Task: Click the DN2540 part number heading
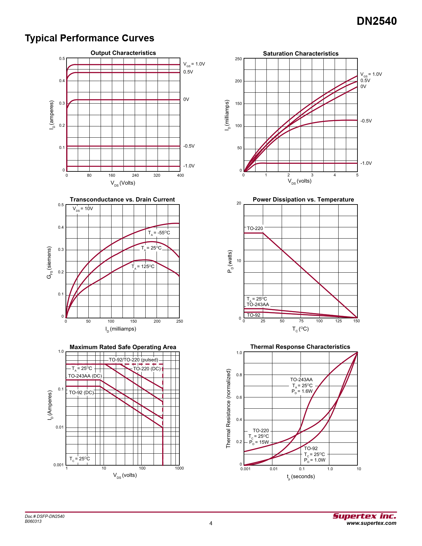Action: (x=377, y=21)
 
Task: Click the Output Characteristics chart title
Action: (x=123, y=53)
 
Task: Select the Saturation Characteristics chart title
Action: (x=301, y=54)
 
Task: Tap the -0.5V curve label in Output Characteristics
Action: (x=189, y=146)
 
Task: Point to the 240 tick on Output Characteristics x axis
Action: (x=135, y=175)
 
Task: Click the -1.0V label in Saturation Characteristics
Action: (x=366, y=163)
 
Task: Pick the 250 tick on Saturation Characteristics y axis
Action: (x=238, y=59)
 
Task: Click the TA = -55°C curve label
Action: (x=159, y=233)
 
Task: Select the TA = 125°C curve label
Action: (x=143, y=267)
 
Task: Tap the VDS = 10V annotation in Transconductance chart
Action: (x=83, y=209)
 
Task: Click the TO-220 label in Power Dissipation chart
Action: (x=255, y=228)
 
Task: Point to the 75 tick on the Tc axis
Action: (x=301, y=321)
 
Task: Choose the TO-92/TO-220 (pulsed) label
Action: (x=133, y=360)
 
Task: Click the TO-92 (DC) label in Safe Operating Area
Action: (x=81, y=392)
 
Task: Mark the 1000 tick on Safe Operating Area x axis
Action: (x=179, y=468)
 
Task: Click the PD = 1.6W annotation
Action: (x=302, y=391)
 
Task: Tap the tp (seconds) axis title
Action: (x=301, y=477)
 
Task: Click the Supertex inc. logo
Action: (x=364, y=516)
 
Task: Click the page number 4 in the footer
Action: (x=211, y=523)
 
